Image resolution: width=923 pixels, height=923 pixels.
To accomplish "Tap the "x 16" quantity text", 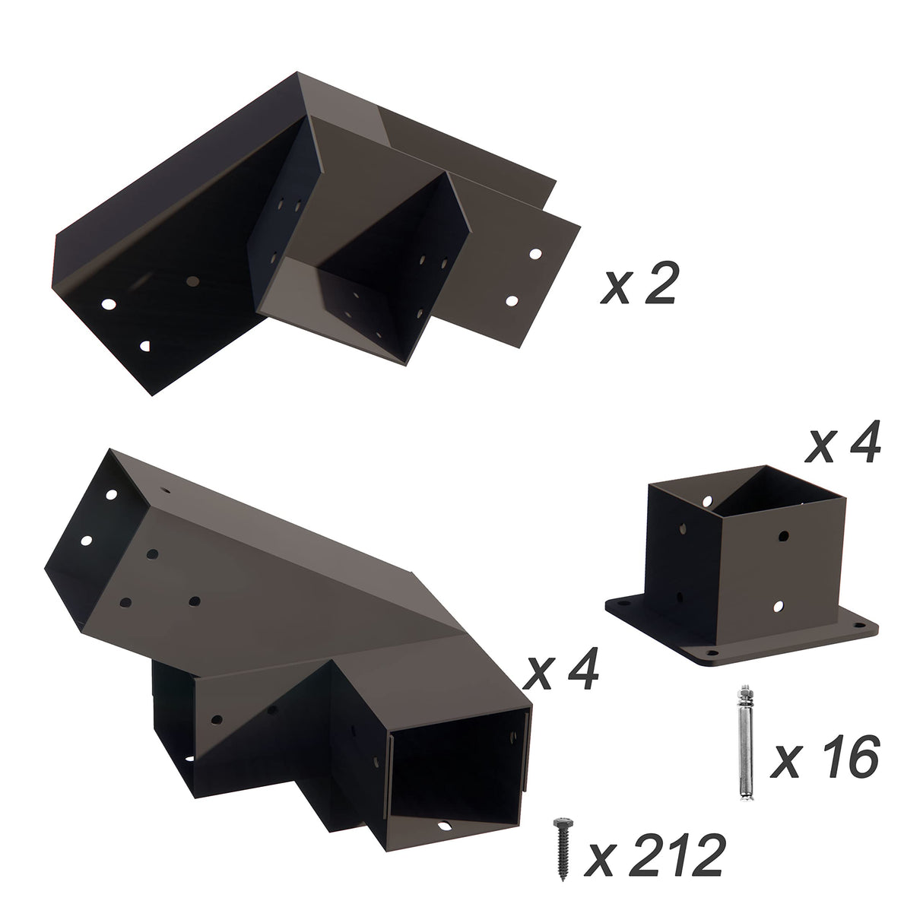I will (824, 757).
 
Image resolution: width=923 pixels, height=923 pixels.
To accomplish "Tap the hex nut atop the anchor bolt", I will (744, 694).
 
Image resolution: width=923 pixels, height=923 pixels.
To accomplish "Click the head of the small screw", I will (563, 825).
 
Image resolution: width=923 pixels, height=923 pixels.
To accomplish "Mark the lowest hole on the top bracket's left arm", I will (145, 346).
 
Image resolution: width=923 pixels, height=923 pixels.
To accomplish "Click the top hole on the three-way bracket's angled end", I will (111, 494).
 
